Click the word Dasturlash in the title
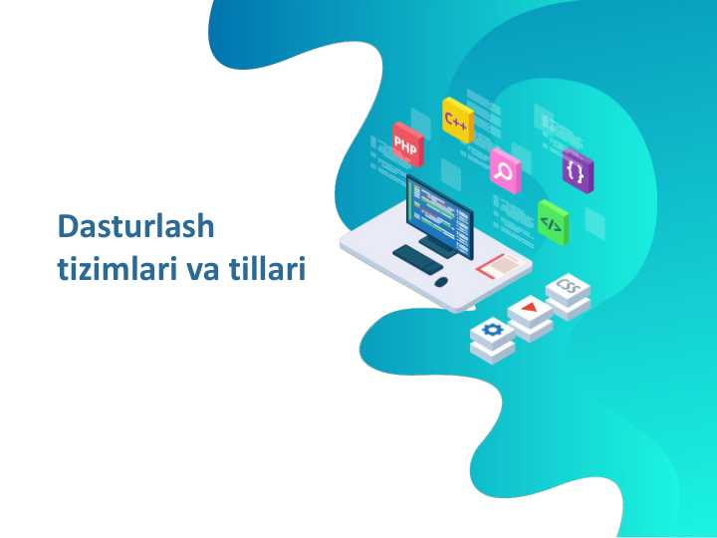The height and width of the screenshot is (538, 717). pos(135,226)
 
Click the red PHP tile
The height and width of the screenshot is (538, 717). pos(407,144)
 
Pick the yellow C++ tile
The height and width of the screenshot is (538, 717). pos(457,121)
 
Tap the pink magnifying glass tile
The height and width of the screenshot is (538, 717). pos(505,170)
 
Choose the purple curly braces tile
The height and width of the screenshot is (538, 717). pos(576,170)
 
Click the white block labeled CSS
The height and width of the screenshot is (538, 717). pos(568,289)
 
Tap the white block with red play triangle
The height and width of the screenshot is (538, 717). pos(530,310)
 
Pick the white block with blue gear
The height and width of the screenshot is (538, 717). pos(492,331)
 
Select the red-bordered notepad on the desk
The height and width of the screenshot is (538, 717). pos(503,265)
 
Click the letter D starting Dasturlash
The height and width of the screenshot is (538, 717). pos(68,226)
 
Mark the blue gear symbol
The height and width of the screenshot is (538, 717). pos(492,328)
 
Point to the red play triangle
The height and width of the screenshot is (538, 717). pos(530,307)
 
